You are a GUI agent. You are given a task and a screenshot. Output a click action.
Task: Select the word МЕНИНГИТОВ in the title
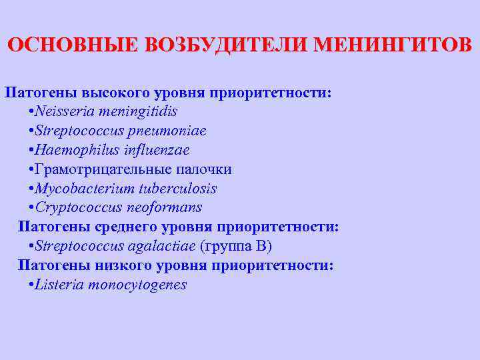[x=393, y=45]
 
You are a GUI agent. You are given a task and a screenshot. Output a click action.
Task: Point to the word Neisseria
[x=65, y=111]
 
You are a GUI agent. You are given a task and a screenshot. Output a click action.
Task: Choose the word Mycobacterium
[x=81, y=189]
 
